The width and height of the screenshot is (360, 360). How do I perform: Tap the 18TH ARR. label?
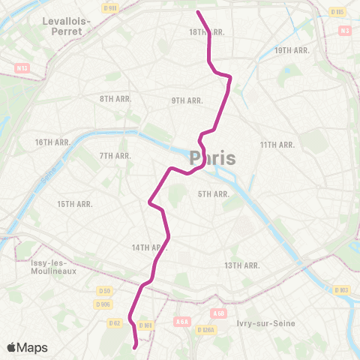(207, 32)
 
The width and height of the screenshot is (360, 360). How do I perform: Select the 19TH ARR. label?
(292, 50)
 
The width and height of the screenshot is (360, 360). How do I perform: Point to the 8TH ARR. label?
(115, 99)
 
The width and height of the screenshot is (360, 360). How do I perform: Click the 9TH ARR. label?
(187, 100)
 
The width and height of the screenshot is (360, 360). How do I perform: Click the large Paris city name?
(213, 158)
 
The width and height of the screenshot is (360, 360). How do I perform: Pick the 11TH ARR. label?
(277, 144)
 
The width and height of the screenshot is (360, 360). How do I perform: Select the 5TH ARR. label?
(213, 194)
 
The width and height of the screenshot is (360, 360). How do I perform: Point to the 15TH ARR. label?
(75, 204)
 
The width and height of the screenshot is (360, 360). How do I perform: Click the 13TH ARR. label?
(242, 265)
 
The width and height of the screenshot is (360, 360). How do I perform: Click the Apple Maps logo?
(26, 347)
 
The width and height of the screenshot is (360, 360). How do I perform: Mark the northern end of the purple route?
(198, 12)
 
